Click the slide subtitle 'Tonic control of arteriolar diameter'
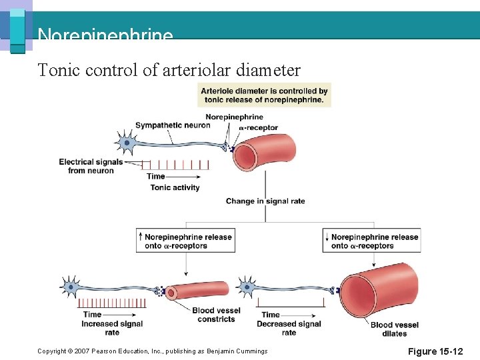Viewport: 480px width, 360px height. [x=169, y=69]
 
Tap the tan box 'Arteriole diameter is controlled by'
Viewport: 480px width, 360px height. [x=264, y=95]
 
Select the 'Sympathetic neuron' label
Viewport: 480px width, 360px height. [x=173, y=125]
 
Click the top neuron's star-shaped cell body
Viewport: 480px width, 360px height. [x=126, y=143]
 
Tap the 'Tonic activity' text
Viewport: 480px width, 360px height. [x=175, y=187]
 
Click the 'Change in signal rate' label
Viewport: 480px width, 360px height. [x=265, y=201]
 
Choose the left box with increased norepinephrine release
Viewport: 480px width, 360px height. [x=186, y=241]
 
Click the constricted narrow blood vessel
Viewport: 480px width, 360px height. [x=200, y=291]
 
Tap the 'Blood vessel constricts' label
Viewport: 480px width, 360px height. [x=216, y=315]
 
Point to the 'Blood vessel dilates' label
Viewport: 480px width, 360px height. [x=395, y=329]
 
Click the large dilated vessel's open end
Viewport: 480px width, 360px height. [x=358, y=293]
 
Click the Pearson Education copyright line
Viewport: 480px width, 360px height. [x=153, y=351]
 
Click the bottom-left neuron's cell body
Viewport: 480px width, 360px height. [x=71, y=287]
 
